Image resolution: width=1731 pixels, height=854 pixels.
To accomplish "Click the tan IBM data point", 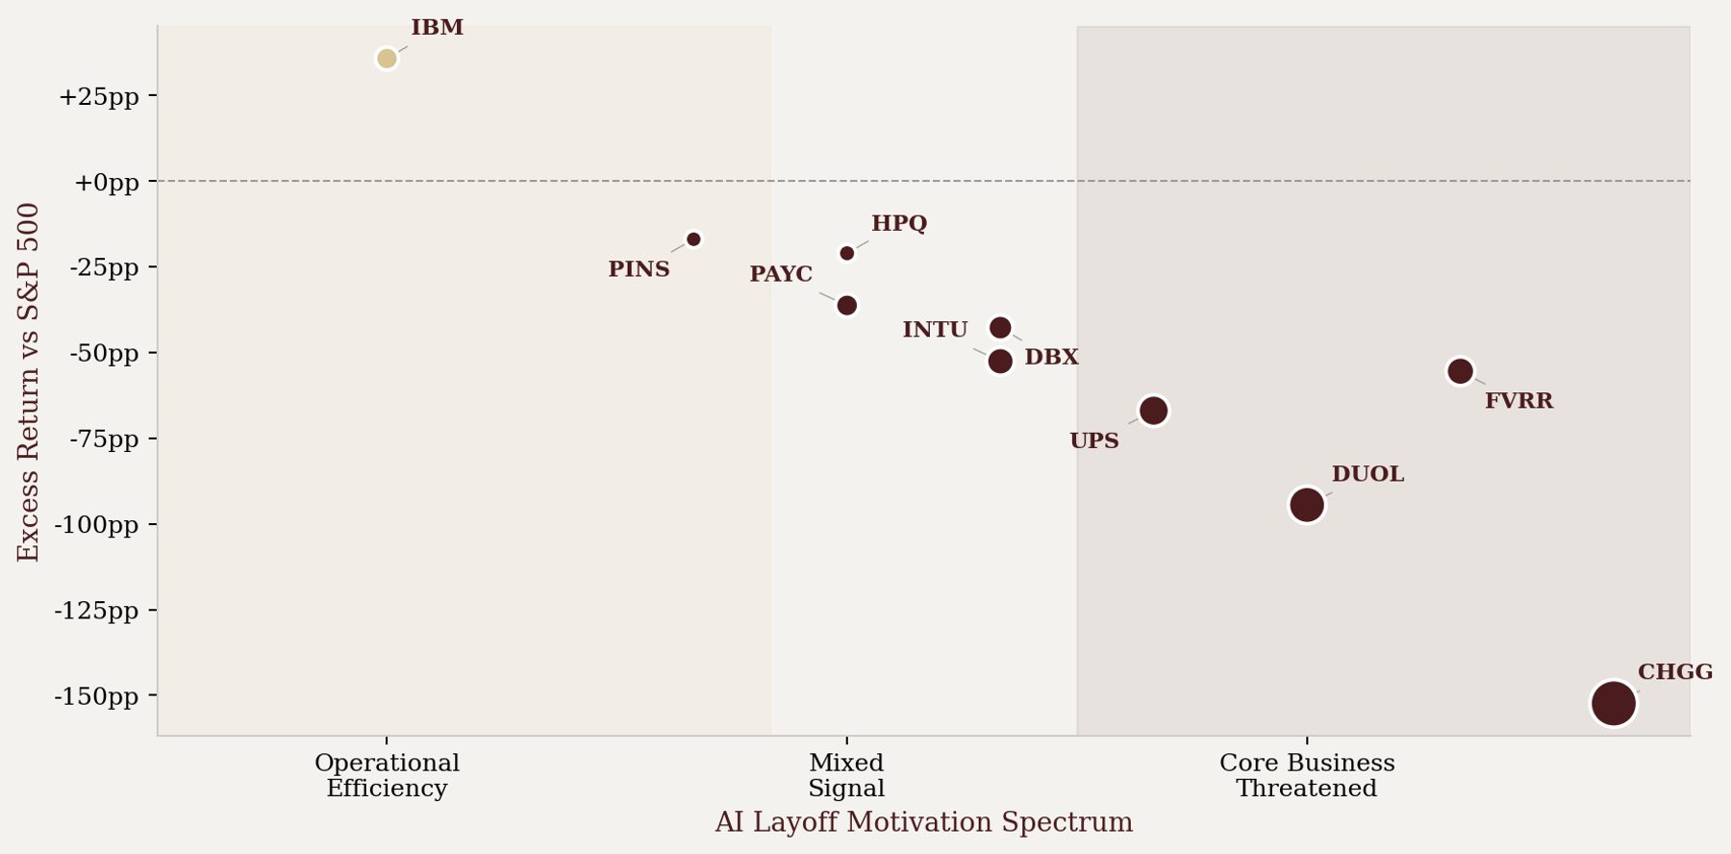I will click(x=387, y=59).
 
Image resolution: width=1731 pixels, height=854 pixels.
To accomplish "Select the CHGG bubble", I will click(x=1613, y=703).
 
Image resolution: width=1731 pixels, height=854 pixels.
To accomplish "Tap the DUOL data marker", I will click(x=1306, y=504).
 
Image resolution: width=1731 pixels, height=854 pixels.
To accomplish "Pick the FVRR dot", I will click(x=1460, y=371).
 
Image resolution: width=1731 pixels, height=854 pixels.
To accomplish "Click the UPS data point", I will click(x=1153, y=411).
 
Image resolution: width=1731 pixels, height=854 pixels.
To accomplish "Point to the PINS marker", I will click(x=693, y=239).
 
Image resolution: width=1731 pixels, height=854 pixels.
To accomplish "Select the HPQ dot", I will click(x=847, y=254).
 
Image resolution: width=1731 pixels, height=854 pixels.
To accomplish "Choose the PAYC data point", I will click(x=846, y=306).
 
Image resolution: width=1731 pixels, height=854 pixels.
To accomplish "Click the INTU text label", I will click(x=935, y=330).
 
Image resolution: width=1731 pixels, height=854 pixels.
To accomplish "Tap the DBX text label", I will click(x=1051, y=358).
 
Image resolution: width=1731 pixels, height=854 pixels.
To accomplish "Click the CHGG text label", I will click(x=1675, y=672).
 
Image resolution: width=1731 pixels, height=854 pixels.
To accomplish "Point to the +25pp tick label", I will click(x=99, y=96).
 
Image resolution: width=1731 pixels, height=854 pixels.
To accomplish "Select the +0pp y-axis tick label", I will click(x=107, y=182).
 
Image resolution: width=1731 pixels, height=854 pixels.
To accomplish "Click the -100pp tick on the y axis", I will click(x=96, y=525).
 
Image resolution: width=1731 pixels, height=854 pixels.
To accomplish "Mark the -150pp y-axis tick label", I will click(x=96, y=696).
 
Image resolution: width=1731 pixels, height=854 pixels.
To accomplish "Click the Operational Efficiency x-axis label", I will click(x=387, y=776).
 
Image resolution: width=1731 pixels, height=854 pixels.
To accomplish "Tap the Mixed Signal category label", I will click(x=846, y=776).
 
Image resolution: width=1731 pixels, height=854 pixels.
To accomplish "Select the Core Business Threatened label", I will click(x=1306, y=776).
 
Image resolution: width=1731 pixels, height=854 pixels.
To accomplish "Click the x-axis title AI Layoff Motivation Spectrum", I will click(x=923, y=823).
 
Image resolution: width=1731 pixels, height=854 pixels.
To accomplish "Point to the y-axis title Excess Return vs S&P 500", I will click(x=29, y=382).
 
